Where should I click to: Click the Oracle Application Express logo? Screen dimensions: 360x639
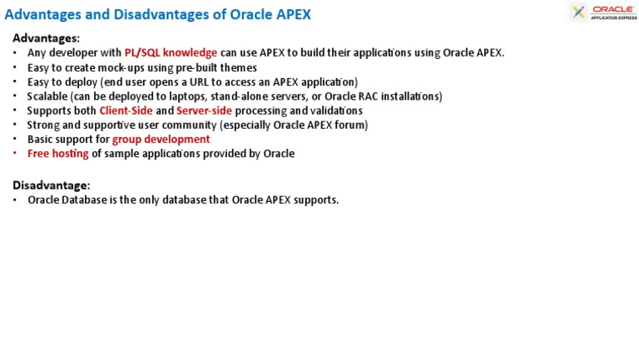603,12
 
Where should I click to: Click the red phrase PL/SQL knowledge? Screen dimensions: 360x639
171,52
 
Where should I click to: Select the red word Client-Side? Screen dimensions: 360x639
126,111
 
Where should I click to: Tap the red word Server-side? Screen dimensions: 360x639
204,111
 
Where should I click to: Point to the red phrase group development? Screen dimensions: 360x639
161,139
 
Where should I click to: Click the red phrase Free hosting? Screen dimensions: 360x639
57,154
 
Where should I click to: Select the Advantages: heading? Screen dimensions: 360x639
46,38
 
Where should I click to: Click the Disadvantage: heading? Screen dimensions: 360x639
51,185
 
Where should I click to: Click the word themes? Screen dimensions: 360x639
240,67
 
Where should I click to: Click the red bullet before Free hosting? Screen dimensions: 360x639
16,154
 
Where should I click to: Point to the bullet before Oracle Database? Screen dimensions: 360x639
16,200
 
